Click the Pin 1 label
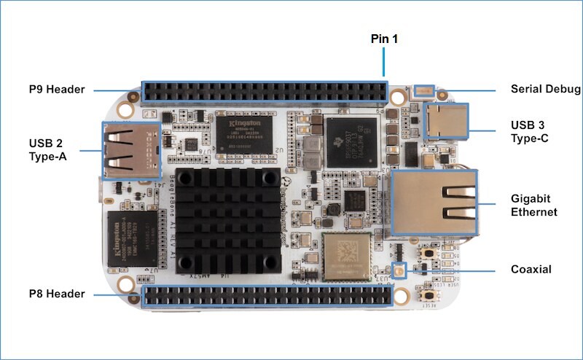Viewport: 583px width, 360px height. point(384,38)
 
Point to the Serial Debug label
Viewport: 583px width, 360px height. point(546,90)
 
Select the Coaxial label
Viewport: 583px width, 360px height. point(531,270)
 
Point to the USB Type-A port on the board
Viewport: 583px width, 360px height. point(130,150)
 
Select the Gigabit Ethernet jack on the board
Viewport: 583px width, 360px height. point(434,203)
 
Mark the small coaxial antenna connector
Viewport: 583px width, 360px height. point(399,271)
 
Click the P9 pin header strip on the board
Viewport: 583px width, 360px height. point(265,91)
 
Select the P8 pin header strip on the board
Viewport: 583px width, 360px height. point(267,296)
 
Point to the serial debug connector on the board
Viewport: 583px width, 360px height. point(423,90)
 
